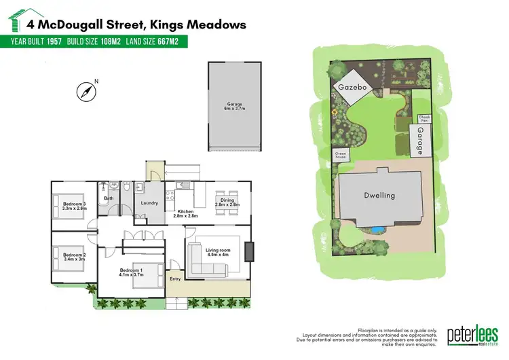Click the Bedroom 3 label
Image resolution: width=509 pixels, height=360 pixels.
point(74,204)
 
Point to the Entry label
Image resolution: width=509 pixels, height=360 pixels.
point(175,278)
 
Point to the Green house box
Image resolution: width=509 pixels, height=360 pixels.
point(341,155)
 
